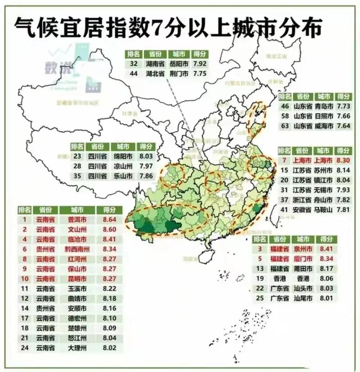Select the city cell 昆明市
tap(77, 278)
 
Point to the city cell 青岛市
tap(324, 107)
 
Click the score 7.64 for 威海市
tap(343, 126)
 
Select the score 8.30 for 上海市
tap(343, 160)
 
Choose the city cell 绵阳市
tap(122, 156)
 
